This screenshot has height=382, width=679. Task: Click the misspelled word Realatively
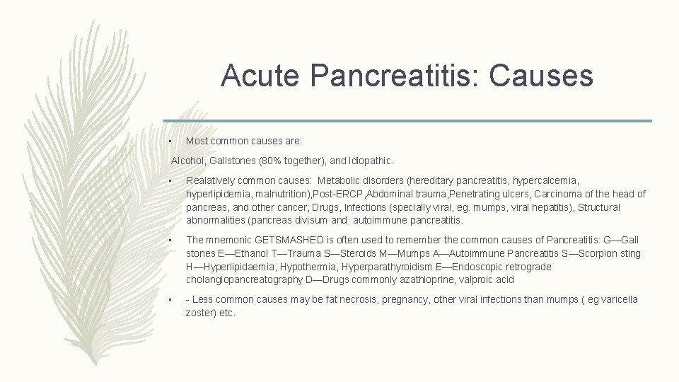click(x=210, y=181)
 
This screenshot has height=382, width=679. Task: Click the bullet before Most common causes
click(x=171, y=141)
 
